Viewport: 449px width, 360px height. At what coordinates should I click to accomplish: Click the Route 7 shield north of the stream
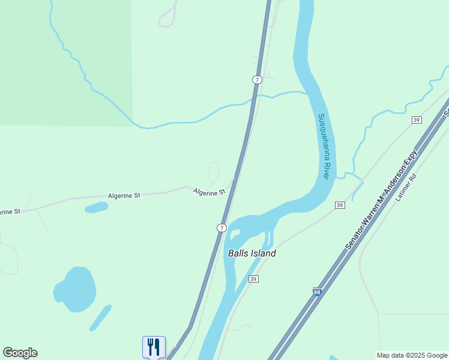pos(257,80)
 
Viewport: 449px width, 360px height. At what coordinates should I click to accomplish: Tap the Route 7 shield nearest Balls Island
pos(221,228)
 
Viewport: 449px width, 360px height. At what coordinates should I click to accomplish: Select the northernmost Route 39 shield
pos(417,120)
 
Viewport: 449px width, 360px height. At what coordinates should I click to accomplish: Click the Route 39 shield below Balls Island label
pos(253,280)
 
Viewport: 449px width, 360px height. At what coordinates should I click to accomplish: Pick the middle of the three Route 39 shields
pos(340,205)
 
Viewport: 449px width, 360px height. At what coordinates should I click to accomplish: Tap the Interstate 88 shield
pos(316,292)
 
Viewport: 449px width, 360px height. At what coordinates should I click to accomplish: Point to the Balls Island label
pos(252,253)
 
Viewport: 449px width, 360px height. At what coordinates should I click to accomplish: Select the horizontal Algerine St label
pos(124,196)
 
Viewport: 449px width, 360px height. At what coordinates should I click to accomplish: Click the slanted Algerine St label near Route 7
pos(209,192)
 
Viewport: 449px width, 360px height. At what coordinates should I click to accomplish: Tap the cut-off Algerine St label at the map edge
pos(10,212)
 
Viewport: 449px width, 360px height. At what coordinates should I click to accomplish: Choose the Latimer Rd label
pos(406,187)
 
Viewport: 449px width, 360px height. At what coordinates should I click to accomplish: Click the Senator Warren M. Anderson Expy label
pos(381,202)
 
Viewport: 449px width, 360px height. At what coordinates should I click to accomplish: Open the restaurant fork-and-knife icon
pos(154,347)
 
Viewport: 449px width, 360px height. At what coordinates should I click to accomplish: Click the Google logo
pos(20,353)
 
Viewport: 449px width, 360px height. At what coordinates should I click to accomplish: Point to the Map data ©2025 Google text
pos(412,355)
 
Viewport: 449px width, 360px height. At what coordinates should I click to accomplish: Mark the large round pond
pos(76,290)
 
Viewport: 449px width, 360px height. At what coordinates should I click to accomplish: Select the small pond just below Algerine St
pos(96,208)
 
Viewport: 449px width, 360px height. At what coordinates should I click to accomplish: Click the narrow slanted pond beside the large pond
pos(101,317)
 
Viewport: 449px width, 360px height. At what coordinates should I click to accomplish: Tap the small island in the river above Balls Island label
pos(235,234)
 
